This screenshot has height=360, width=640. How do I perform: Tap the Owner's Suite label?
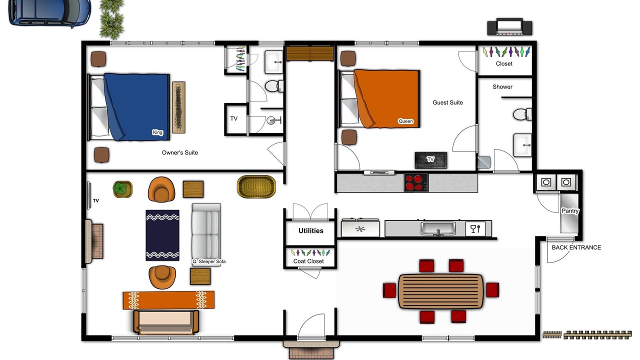[x=179, y=152]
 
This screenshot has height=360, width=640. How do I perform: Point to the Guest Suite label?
[x=447, y=102]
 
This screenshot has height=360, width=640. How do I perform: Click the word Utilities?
[x=311, y=231]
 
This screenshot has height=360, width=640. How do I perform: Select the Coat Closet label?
[x=308, y=261]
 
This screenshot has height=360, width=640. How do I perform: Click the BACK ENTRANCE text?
[x=576, y=247]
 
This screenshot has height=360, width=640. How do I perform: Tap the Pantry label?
[x=570, y=211]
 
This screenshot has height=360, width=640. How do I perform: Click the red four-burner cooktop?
[x=416, y=182]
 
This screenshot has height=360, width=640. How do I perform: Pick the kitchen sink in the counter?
[x=438, y=228]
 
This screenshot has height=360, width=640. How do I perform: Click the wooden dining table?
[x=440, y=291]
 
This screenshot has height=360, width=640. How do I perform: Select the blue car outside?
[x=50, y=13]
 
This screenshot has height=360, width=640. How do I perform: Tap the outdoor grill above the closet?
[x=509, y=27]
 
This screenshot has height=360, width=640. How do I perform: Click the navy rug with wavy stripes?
[x=162, y=235]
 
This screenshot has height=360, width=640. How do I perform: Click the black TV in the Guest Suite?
[x=430, y=160]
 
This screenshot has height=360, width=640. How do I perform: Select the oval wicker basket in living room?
[x=256, y=186]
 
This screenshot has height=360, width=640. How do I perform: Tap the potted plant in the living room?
[x=122, y=189]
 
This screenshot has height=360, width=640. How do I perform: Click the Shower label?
[x=502, y=87]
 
